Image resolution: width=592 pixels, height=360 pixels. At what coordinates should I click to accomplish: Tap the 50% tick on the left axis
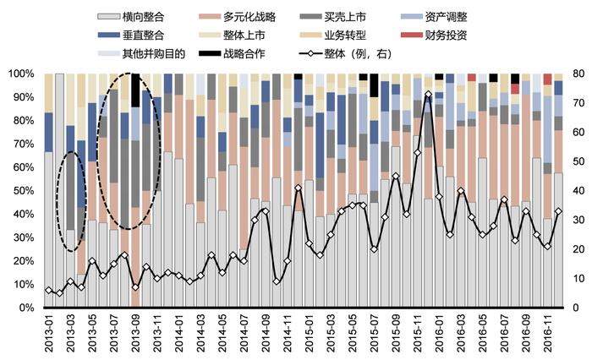tap(23, 191)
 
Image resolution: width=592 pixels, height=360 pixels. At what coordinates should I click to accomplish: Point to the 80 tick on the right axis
tap(580, 74)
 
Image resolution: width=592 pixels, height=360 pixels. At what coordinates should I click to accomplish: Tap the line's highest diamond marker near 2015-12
tap(428, 94)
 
